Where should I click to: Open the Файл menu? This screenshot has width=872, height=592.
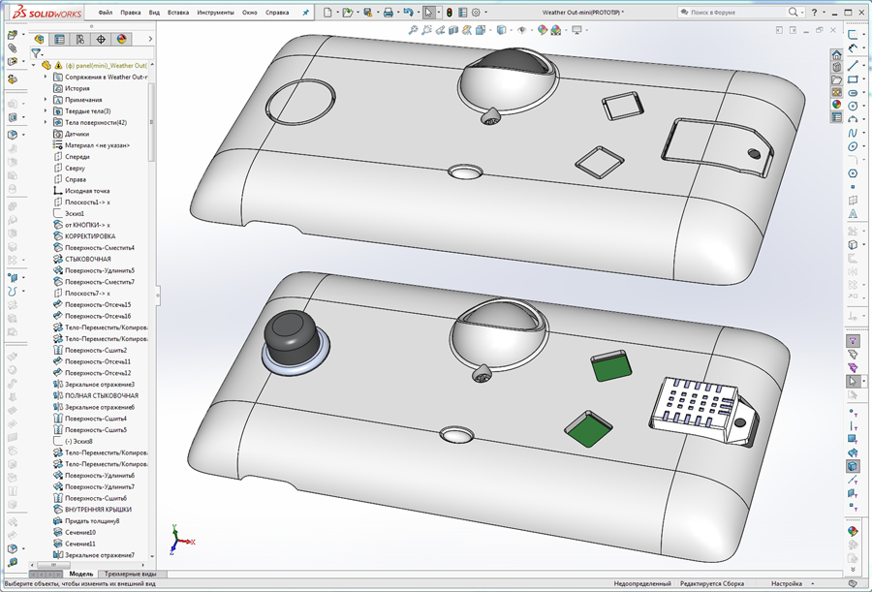[105, 13]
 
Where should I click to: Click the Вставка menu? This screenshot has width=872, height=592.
[178, 13]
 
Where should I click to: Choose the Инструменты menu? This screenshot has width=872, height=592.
[215, 13]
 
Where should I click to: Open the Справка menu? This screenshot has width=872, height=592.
[277, 13]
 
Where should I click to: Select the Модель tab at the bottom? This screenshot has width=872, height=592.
[81, 574]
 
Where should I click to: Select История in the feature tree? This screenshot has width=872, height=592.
[78, 88]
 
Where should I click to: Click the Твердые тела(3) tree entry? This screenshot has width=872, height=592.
[89, 111]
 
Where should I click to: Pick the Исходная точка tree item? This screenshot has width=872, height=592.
[87, 191]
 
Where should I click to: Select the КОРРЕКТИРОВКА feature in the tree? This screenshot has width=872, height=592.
[90, 236]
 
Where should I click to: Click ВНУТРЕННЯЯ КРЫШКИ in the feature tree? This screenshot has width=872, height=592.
[98, 510]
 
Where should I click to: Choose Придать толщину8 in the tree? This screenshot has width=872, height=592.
[92, 521]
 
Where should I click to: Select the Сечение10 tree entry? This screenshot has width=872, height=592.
[80, 532]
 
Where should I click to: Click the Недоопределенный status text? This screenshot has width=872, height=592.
[642, 584]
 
